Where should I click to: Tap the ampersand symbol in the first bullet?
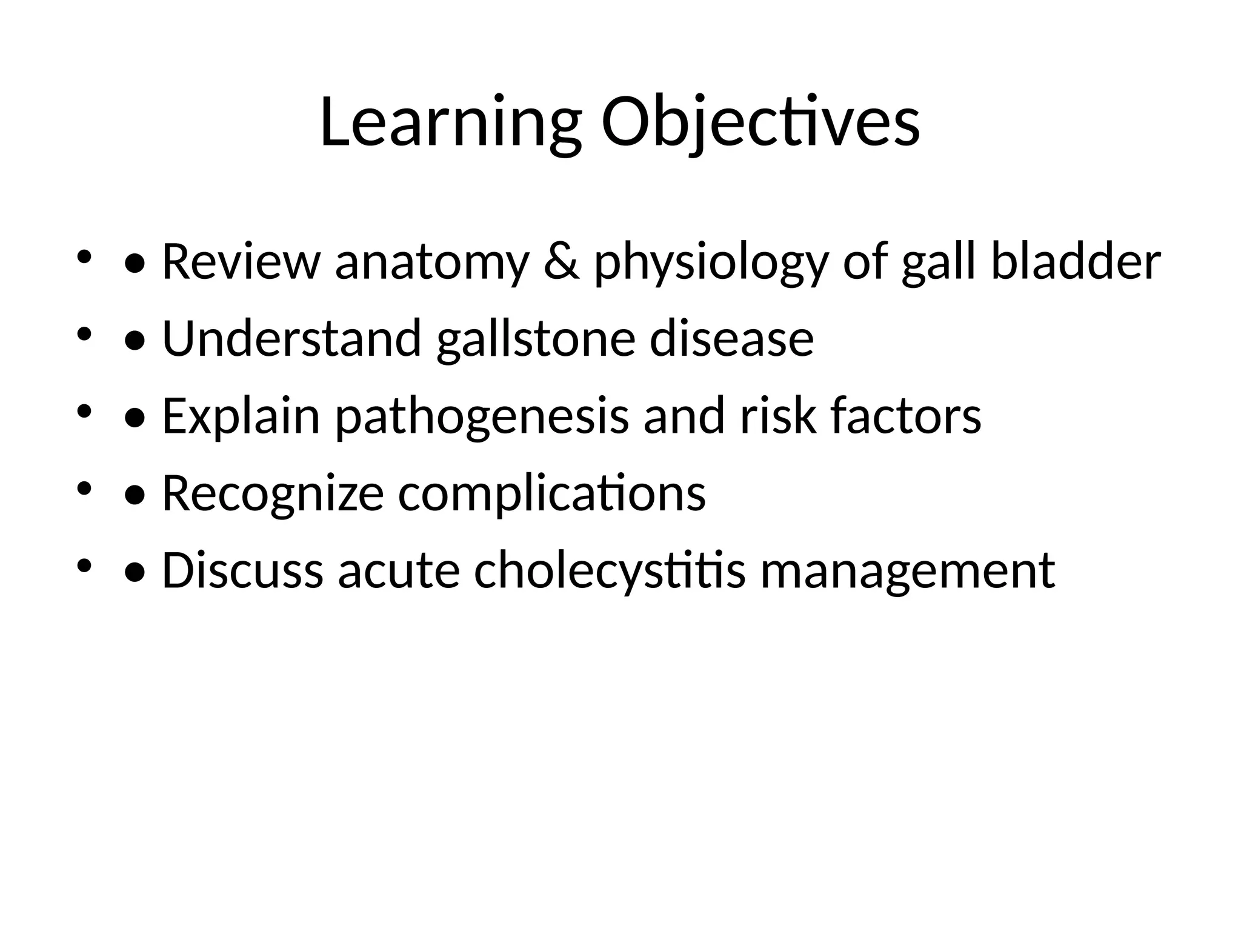click(x=561, y=262)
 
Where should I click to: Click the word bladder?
click(x=1076, y=262)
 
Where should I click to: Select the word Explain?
click(x=241, y=417)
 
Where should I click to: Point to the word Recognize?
click(x=273, y=494)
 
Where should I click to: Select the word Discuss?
click(x=242, y=571)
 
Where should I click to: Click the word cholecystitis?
click(x=609, y=572)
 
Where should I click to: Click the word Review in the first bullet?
click(x=241, y=262)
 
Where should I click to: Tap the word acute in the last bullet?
click(x=399, y=572)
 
